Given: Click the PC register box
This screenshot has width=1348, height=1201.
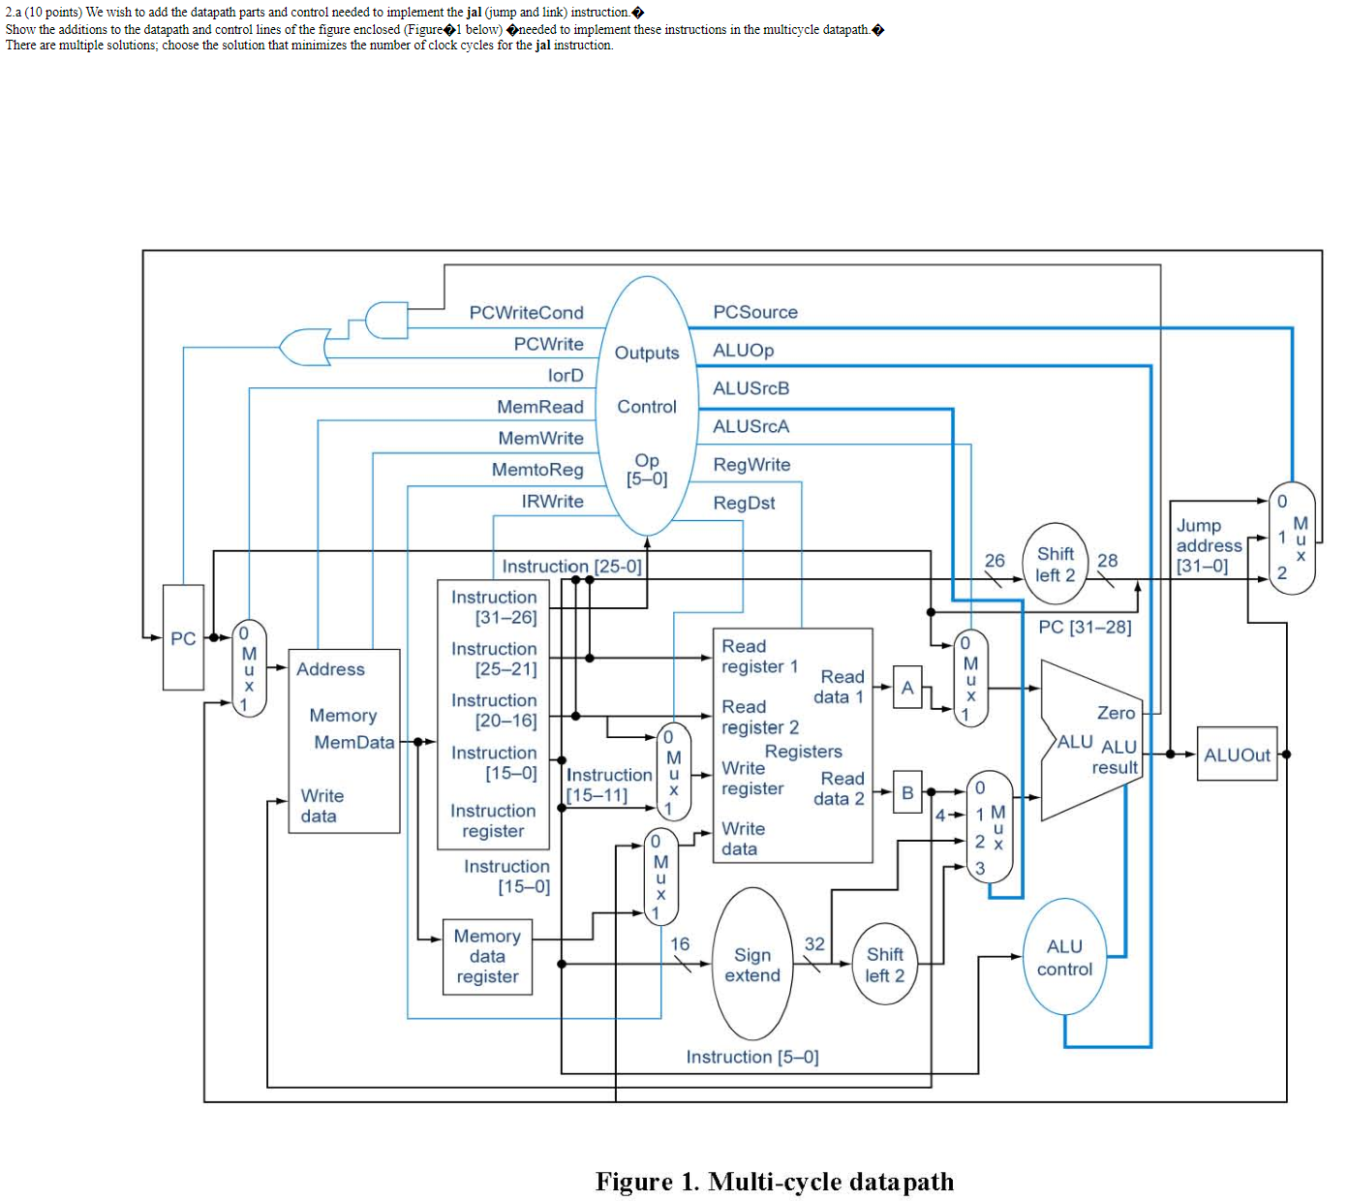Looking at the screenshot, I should (183, 637).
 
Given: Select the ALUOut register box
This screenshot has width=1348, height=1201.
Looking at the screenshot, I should (1237, 754).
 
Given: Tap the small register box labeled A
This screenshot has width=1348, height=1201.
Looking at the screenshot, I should (907, 688).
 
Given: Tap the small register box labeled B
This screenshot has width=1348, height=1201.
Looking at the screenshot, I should (907, 792).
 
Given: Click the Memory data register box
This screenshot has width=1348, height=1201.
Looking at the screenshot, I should (487, 957).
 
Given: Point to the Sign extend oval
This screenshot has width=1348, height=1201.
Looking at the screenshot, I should (752, 965).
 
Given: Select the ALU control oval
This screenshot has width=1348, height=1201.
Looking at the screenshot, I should (1064, 958).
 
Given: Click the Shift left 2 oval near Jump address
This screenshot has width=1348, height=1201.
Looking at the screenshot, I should (1055, 565).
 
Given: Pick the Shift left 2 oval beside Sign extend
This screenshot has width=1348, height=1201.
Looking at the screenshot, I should (884, 965).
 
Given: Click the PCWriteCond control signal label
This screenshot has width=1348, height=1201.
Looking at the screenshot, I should (526, 313).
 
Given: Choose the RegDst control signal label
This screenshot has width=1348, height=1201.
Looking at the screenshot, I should (744, 503).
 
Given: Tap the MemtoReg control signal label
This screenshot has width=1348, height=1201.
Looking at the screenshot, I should (537, 470).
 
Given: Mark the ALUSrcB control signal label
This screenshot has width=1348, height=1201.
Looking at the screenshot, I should (751, 388).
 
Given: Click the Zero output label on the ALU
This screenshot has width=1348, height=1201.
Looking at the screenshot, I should (1116, 713).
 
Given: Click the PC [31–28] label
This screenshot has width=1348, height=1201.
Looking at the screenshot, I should (1085, 627).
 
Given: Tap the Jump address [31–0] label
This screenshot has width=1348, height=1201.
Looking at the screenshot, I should (1208, 545).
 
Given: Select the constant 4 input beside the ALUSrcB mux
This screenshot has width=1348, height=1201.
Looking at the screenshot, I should (939, 816).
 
